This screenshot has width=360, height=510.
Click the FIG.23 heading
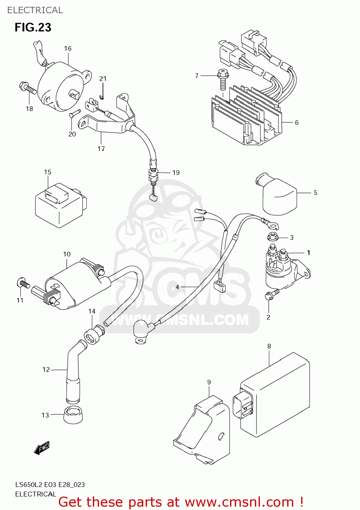coord(33,27)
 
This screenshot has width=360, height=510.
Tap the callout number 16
coord(68,49)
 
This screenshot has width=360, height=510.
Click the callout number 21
coord(103,79)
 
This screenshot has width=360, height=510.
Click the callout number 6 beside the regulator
coord(297,122)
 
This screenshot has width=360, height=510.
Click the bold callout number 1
coord(308,253)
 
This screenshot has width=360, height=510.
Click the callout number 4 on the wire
coord(177,287)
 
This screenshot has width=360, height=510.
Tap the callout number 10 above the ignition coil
coord(67,254)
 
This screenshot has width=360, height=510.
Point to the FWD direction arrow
coord(42,448)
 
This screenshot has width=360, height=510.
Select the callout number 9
coord(209,382)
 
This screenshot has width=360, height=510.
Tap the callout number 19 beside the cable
coord(176,173)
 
